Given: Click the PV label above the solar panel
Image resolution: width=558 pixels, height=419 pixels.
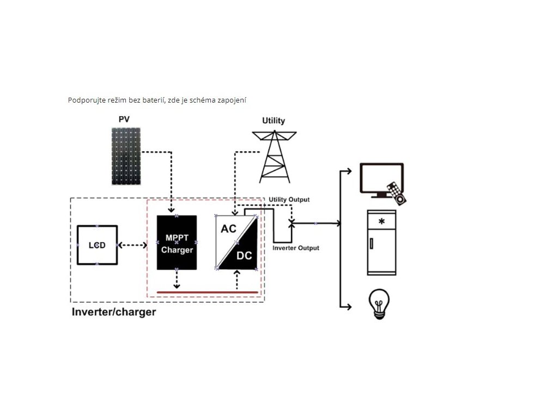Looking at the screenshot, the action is coord(124,119).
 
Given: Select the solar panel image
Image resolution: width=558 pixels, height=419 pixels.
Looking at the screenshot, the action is coord(126,157).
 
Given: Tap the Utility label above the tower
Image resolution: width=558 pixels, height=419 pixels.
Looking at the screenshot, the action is coord(274,121).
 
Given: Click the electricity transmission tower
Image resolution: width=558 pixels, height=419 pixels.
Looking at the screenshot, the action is coord(275,157).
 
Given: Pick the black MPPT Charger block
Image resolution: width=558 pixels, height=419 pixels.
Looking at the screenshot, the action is coord(177,242).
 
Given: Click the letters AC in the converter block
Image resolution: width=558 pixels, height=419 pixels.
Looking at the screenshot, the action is coord(228,229).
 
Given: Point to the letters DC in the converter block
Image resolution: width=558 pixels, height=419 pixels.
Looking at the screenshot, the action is coord(244,255).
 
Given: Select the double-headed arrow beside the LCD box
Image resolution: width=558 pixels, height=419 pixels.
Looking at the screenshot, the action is coord(132,245).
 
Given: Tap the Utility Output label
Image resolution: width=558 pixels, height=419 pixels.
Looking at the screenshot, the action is coord(289,200).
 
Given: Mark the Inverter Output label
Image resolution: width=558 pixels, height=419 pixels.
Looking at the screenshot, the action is coord(296,248).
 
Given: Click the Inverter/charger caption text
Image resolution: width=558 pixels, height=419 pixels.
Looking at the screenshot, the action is coord(114,312).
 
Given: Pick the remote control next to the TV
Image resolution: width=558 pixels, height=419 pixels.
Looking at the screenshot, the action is coord(397,193).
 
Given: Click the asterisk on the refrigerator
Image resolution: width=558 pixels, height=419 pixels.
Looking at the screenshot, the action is coord(381,222).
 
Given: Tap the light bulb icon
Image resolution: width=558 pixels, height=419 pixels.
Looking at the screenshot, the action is coord(379,304).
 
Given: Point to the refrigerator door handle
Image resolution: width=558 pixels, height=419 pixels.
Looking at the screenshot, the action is coord(371,243).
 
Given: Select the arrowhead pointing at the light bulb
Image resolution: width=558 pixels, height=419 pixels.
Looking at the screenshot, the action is coord(349,307).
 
